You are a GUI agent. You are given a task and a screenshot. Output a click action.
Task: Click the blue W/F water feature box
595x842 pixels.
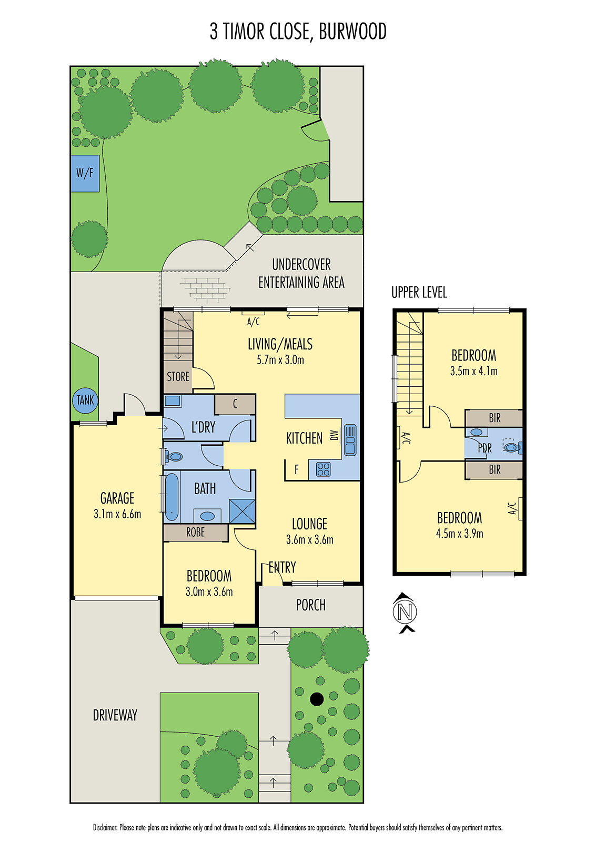click(85, 173)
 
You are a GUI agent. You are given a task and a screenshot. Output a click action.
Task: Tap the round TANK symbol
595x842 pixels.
click(85, 400)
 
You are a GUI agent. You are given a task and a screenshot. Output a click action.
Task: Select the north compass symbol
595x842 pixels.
click(405, 612)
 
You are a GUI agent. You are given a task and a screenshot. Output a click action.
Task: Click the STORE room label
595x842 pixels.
click(178, 377)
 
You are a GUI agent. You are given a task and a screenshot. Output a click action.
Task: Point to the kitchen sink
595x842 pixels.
click(350, 440)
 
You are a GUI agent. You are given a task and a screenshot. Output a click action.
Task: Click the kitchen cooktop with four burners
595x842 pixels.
click(323, 469)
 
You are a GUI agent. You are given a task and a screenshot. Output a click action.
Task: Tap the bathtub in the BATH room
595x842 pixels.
click(172, 497)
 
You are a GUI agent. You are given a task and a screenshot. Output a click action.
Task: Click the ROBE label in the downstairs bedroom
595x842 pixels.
click(195, 533)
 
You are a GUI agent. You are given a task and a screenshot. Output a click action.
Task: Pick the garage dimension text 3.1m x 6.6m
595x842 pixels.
click(117, 514)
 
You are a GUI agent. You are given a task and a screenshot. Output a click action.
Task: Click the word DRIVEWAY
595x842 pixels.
click(115, 715)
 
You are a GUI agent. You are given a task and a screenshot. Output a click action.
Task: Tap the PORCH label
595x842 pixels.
click(310, 605)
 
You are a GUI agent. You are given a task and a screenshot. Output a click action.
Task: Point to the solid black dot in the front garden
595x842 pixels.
click(317, 699)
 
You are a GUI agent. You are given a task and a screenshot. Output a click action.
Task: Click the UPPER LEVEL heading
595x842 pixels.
click(419, 293)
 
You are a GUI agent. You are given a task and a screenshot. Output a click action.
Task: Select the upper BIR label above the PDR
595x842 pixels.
click(495, 418)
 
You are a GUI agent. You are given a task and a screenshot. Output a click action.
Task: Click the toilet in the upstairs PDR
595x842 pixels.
click(511, 447)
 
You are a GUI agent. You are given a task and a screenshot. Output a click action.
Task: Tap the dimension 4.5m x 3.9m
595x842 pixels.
click(459, 534)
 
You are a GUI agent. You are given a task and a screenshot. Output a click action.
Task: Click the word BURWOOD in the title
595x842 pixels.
click(352, 32)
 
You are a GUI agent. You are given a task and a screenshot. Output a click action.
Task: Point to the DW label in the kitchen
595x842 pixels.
click(334, 435)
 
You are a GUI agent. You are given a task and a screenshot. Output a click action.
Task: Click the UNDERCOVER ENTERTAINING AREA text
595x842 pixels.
click(301, 274)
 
